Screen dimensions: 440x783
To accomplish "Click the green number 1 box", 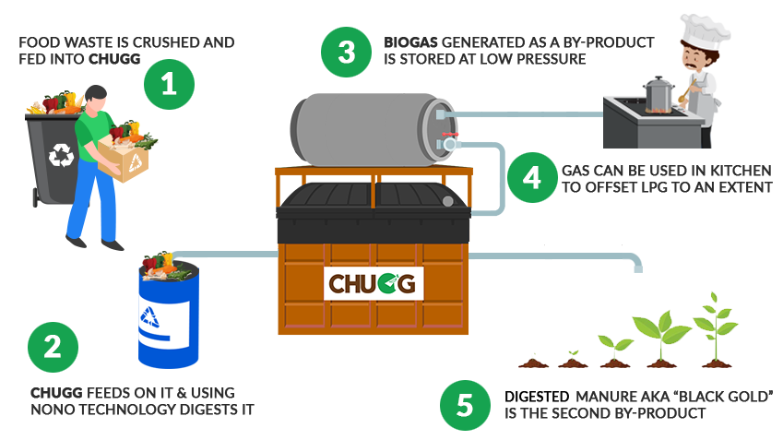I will point(169,85).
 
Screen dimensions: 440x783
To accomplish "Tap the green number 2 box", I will point(53,347).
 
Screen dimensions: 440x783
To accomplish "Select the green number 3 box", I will point(346,51).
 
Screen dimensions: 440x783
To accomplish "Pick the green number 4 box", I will point(532,175).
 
